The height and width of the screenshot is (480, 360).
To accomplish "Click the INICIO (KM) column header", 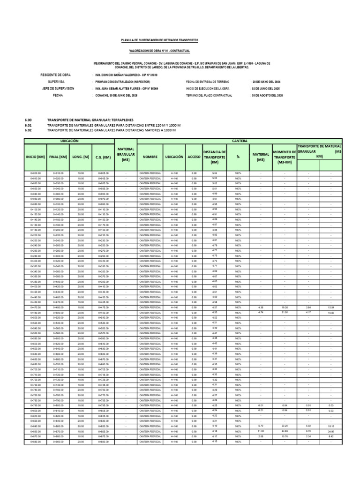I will click(x=35, y=157).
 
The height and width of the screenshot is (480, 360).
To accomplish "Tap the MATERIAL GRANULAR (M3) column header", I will click(x=126, y=154).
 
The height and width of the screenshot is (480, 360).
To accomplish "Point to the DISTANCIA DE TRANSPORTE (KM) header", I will click(x=215, y=157).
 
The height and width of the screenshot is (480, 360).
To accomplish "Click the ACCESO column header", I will click(x=194, y=157).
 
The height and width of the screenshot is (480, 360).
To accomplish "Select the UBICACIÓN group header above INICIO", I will click(x=69, y=141).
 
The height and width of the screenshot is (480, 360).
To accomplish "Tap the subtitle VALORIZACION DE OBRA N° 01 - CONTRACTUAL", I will click(x=159, y=51).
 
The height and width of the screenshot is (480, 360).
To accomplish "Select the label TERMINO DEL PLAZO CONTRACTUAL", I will click(x=209, y=95).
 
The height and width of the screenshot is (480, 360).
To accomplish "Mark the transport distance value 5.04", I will click(x=215, y=173).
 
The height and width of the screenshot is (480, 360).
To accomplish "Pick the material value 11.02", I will click(x=261, y=431).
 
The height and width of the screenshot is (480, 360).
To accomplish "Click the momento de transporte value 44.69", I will click(x=285, y=431).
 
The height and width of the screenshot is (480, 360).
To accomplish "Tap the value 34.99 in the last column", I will click(x=331, y=431).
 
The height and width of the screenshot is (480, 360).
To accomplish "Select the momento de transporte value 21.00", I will click(x=285, y=312).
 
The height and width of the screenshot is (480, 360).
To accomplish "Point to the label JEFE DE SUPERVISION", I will click(x=58, y=88).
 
